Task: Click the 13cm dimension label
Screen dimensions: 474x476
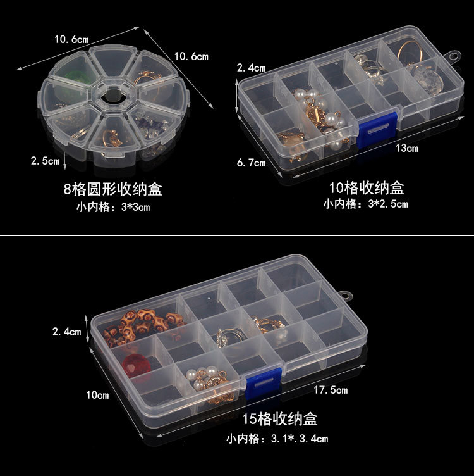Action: pyautogui.click(x=407, y=148)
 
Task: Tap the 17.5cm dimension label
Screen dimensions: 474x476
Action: pyautogui.click(x=331, y=390)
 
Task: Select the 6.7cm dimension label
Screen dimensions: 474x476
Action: pyautogui.click(x=251, y=163)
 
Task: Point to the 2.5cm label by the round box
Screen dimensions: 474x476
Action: pyautogui.click(x=45, y=161)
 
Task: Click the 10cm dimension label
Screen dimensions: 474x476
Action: pyautogui.click(x=97, y=395)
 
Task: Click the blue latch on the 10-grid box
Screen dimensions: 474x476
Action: pyautogui.click(x=377, y=129)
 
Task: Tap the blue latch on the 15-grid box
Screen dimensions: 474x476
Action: pyautogui.click(x=264, y=384)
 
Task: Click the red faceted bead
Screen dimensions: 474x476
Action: pyautogui.click(x=136, y=366)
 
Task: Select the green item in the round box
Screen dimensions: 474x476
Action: pyautogui.click(x=76, y=78)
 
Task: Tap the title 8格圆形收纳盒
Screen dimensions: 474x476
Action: pyautogui.click(x=112, y=189)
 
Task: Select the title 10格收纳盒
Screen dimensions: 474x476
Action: pyautogui.click(x=367, y=187)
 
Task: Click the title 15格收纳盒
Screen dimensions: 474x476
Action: pyautogui.click(x=280, y=419)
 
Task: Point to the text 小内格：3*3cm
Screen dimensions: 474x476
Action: pyautogui.click(x=113, y=207)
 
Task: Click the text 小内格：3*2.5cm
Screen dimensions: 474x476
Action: pyautogui.click(x=365, y=204)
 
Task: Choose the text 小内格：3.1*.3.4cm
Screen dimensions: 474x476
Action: pyautogui.click(x=277, y=439)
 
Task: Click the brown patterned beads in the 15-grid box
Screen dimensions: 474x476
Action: pyautogui.click(x=142, y=327)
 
